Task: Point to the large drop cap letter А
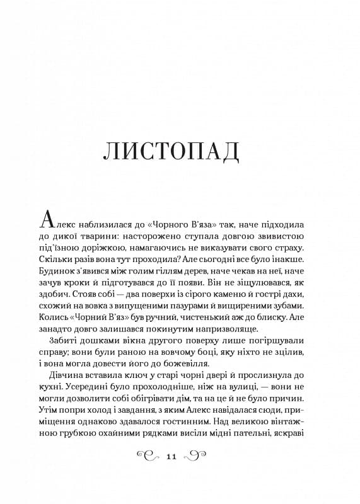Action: click(x=50, y=219)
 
